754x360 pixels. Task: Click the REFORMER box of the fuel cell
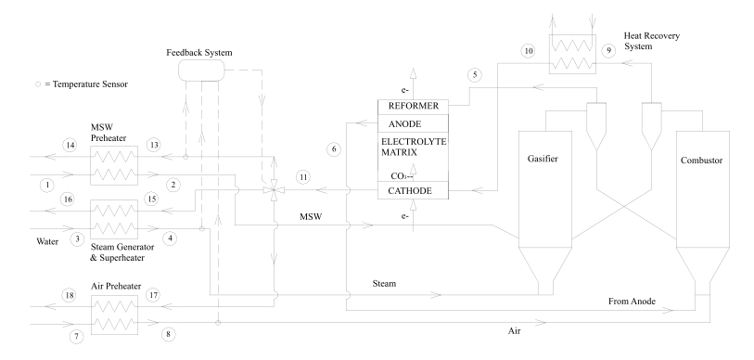(x=413, y=107)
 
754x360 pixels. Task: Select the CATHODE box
(x=413, y=190)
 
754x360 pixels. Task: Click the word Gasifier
(x=543, y=159)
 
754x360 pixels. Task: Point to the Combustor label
(x=701, y=161)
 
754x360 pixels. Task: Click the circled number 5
(x=475, y=75)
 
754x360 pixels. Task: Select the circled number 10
(x=529, y=52)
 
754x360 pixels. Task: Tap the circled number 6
(x=334, y=149)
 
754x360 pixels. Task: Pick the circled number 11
(x=303, y=177)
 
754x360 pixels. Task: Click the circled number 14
(x=70, y=145)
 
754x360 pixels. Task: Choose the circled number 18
(x=70, y=295)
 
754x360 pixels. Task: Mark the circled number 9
(x=608, y=50)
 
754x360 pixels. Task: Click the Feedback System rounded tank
(x=201, y=71)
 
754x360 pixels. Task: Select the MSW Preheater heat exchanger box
(x=114, y=165)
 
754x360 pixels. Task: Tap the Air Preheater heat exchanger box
(x=114, y=315)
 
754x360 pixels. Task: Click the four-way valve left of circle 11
(x=274, y=190)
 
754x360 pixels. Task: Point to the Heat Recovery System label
(x=652, y=41)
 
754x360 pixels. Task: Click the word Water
(x=47, y=241)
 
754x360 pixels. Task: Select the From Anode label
(x=632, y=302)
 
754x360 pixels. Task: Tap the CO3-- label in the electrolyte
(x=402, y=176)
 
